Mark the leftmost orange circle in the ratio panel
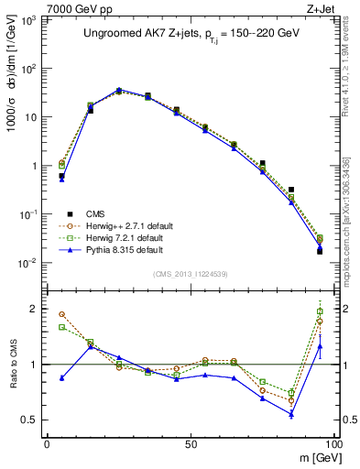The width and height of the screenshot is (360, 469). [x=61, y=314]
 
